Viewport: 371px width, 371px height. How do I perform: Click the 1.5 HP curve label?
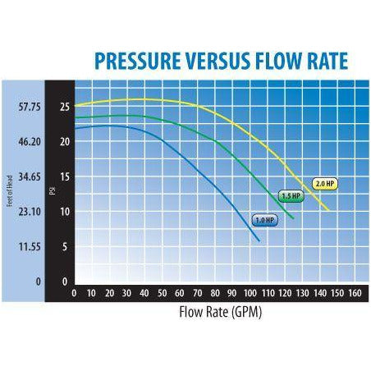point(290,197)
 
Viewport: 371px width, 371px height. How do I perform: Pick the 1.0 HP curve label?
point(262,219)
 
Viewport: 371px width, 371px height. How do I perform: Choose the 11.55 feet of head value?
point(29,246)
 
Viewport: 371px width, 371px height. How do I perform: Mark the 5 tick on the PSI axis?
point(64,246)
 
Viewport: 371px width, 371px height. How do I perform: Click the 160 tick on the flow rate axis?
point(355,292)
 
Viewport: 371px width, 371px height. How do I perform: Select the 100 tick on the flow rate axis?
point(249,292)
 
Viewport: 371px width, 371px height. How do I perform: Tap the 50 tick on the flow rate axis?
point(162,292)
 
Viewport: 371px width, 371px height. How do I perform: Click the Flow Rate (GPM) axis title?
point(220,312)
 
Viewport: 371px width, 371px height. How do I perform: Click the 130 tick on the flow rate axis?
point(302,292)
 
